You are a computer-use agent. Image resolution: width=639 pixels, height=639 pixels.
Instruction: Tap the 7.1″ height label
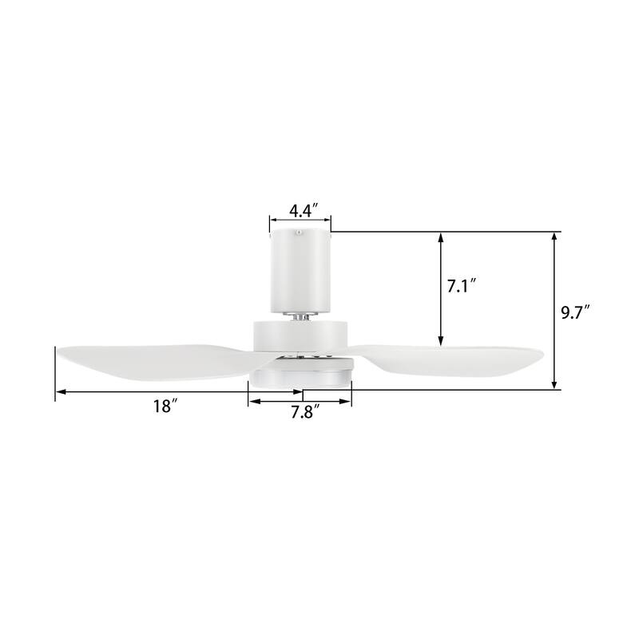pos(462,285)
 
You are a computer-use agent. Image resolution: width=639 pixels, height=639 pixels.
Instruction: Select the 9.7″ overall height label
pos(574,312)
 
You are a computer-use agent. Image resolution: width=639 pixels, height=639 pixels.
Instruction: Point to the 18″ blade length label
pos(164,406)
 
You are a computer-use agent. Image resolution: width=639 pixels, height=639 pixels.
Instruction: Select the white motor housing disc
pos(300,335)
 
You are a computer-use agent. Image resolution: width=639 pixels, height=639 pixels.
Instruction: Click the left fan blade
pos(152,359)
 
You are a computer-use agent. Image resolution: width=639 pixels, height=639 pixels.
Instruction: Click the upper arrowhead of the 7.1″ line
pos(440,237)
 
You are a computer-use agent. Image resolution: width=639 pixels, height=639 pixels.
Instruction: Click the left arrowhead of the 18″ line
pos(60,392)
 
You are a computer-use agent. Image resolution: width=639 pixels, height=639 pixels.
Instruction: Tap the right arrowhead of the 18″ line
pos(299,392)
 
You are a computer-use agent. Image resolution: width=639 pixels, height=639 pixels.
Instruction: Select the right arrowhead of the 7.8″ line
pos(347,401)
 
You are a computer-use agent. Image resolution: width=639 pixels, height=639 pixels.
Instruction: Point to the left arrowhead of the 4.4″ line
pos(273,218)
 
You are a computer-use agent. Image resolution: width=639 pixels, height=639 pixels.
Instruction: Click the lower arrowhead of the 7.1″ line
pos(440,342)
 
